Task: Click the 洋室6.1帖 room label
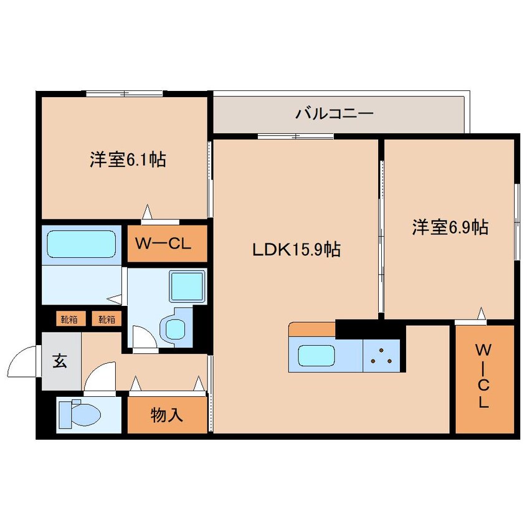(x=127, y=160)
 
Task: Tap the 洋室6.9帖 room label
(x=449, y=228)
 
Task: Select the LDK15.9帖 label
(x=296, y=250)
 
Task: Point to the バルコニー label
(x=335, y=114)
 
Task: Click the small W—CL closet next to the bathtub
(x=167, y=243)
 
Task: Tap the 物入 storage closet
(x=167, y=415)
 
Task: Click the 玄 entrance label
(x=59, y=361)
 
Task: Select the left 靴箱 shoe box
(x=69, y=320)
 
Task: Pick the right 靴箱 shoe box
(x=106, y=320)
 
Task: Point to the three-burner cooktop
(x=381, y=356)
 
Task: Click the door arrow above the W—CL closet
(x=147, y=211)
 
